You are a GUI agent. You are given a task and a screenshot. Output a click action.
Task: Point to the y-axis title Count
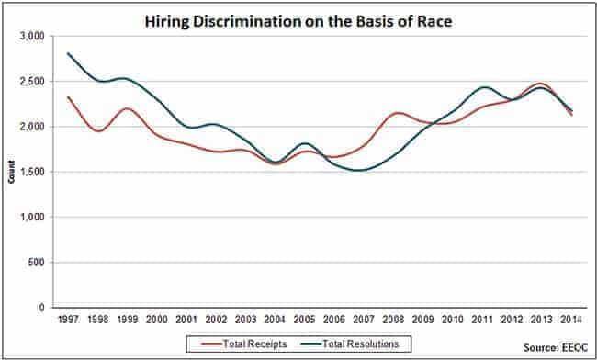click(12, 172)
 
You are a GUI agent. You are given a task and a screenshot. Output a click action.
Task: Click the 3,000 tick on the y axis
click(31, 36)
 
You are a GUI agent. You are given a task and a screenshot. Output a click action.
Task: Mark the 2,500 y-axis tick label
click(31, 81)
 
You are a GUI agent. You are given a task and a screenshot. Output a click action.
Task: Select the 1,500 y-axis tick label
click(31, 172)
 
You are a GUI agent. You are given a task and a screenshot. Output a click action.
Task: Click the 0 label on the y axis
click(41, 308)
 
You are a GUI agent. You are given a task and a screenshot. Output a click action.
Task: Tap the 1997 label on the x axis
click(68, 321)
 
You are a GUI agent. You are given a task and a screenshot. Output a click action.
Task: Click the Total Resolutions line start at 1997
click(68, 53)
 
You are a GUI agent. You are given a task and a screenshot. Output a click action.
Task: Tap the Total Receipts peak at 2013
click(541, 84)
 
